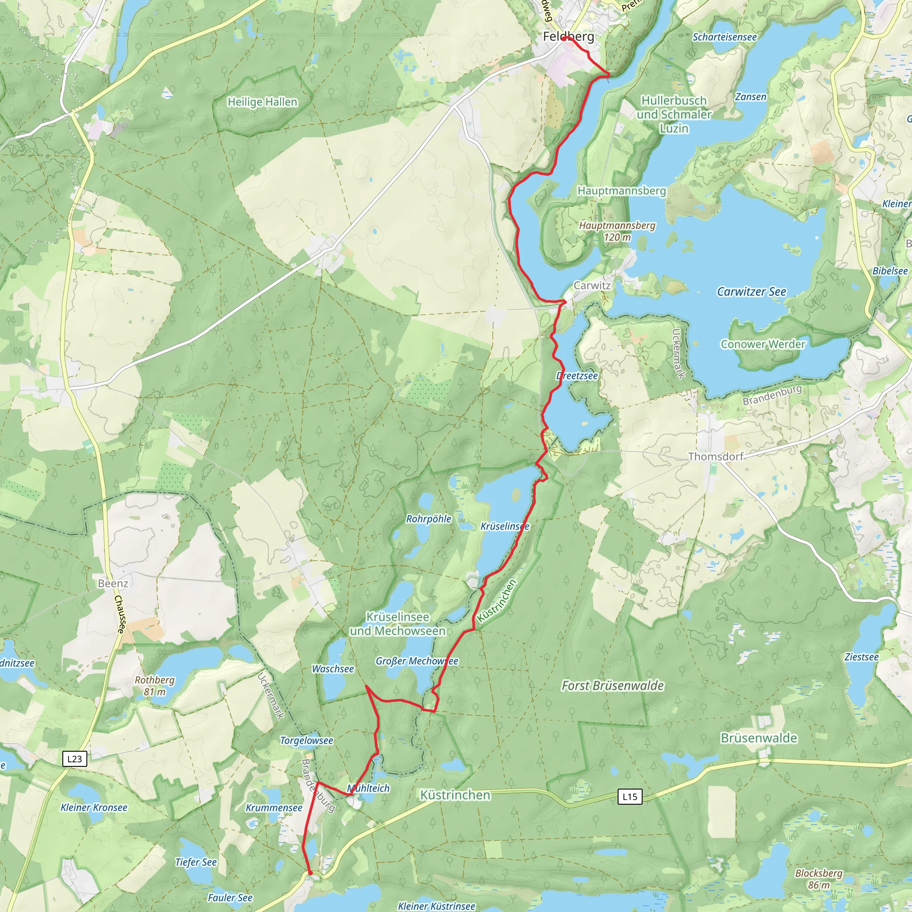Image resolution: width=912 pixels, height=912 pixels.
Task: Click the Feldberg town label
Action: tap(568, 37)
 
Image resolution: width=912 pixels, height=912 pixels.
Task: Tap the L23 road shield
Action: tap(74, 759)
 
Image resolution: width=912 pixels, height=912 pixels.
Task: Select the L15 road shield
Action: tap(630, 797)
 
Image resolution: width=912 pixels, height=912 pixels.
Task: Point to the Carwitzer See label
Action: tap(752, 292)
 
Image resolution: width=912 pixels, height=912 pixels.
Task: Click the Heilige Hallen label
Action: tap(262, 102)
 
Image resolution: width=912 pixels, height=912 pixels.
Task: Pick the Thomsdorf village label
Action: tap(716, 456)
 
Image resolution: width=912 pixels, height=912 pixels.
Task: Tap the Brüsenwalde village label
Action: tap(758, 738)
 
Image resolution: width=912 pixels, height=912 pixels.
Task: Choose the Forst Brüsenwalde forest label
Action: tap(613, 686)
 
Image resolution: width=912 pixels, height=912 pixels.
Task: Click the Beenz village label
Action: tap(113, 583)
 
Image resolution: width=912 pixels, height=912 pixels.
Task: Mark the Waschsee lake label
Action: tap(333, 669)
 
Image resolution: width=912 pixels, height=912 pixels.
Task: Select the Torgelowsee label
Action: tap(307, 741)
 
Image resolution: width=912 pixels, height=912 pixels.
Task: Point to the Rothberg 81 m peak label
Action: tap(155, 686)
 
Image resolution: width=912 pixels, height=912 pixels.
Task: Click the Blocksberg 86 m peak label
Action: tap(819, 879)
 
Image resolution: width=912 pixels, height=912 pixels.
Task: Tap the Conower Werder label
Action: tap(763, 344)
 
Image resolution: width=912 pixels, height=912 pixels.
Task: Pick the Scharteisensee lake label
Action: tap(725, 37)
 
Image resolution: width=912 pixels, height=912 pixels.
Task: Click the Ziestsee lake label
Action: tap(862, 657)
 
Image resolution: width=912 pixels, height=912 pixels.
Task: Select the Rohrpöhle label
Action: tap(429, 519)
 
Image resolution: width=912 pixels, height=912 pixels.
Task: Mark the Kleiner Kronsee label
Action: tap(94, 808)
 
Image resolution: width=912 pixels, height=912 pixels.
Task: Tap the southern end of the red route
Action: tap(310, 873)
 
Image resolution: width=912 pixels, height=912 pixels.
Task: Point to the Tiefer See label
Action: tap(196, 863)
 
